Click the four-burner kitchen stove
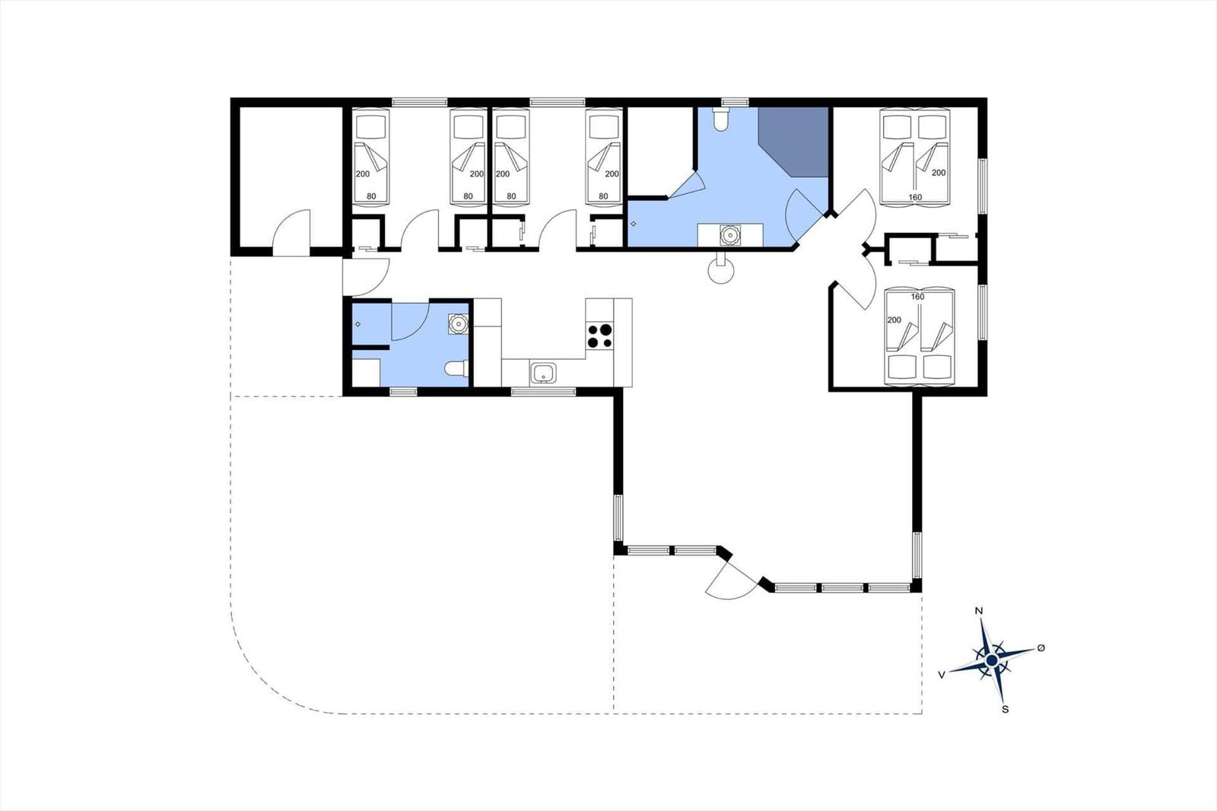pyautogui.click(x=600, y=336)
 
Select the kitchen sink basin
pyautogui.click(x=543, y=374)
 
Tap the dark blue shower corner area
pyautogui.click(x=793, y=142)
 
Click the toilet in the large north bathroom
pyautogui.click(x=720, y=119)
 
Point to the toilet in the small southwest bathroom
pyautogui.click(x=456, y=369)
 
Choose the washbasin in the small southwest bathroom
pyautogui.click(x=459, y=324)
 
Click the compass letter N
pyautogui.click(x=979, y=611)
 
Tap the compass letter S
pyautogui.click(x=1005, y=709)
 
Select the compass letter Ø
pyautogui.click(x=1041, y=647)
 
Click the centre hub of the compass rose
pyautogui.click(x=992, y=660)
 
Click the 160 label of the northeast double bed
pyautogui.click(x=916, y=197)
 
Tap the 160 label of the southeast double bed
pyautogui.click(x=917, y=297)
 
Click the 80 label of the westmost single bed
pyautogui.click(x=371, y=196)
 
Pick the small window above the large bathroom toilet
pyautogui.click(x=735, y=102)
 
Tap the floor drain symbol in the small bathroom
pyautogui.click(x=357, y=325)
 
